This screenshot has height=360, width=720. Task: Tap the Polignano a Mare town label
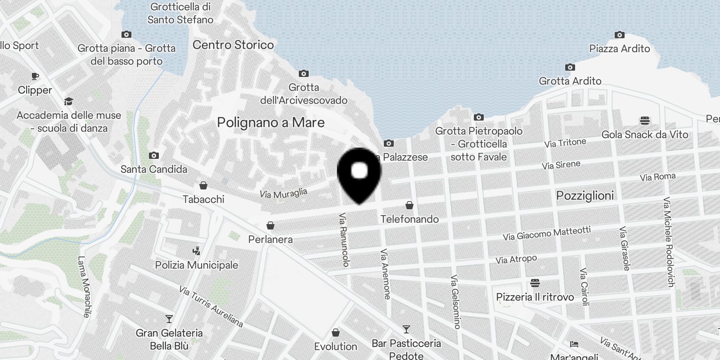coord(270,122)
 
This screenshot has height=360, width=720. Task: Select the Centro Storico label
coord(233,45)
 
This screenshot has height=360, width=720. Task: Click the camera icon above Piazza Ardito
coord(619,35)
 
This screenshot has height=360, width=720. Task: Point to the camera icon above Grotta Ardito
coord(570,67)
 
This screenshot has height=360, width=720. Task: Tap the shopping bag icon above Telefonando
coord(409,205)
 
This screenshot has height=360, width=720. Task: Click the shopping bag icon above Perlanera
coord(270,225)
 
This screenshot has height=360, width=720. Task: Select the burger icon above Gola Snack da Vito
coord(644,121)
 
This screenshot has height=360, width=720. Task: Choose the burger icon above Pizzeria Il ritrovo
coord(535,283)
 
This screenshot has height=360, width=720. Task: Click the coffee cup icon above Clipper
coord(35,76)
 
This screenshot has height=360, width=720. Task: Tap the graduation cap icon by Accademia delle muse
coord(68,101)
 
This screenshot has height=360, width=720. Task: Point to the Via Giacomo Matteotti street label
coord(546,233)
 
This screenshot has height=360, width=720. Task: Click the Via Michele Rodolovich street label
coord(669,242)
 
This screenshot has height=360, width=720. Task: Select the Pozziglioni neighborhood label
coord(585,196)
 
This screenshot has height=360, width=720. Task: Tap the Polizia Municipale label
coord(197,265)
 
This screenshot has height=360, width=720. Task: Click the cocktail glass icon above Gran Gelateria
coord(169,319)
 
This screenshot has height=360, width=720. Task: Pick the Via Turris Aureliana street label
coord(211,306)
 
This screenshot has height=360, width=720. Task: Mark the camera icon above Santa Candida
coord(153,155)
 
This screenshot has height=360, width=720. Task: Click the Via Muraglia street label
coord(283,193)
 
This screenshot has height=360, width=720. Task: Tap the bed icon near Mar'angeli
coord(574,344)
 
